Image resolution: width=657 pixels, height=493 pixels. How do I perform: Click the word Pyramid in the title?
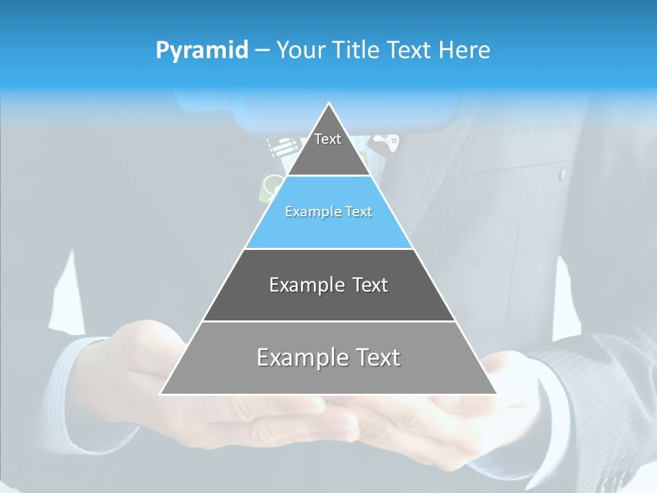tap(202, 51)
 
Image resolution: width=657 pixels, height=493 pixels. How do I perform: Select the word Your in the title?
tap(299, 51)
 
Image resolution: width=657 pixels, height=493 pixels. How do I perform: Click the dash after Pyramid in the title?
tap(262, 51)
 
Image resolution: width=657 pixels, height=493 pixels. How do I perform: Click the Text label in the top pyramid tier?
tap(328, 139)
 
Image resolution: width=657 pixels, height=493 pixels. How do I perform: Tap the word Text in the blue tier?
tap(359, 212)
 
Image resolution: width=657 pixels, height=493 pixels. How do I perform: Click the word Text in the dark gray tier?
tap(370, 285)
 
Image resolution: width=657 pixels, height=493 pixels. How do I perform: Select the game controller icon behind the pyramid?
tap(387, 142)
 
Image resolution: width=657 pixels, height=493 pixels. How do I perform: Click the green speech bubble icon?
tap(272, 186)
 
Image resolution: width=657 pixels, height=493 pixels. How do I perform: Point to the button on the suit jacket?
tap(563, 175)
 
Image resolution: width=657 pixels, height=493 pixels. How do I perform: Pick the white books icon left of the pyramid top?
tap(283, 146)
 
